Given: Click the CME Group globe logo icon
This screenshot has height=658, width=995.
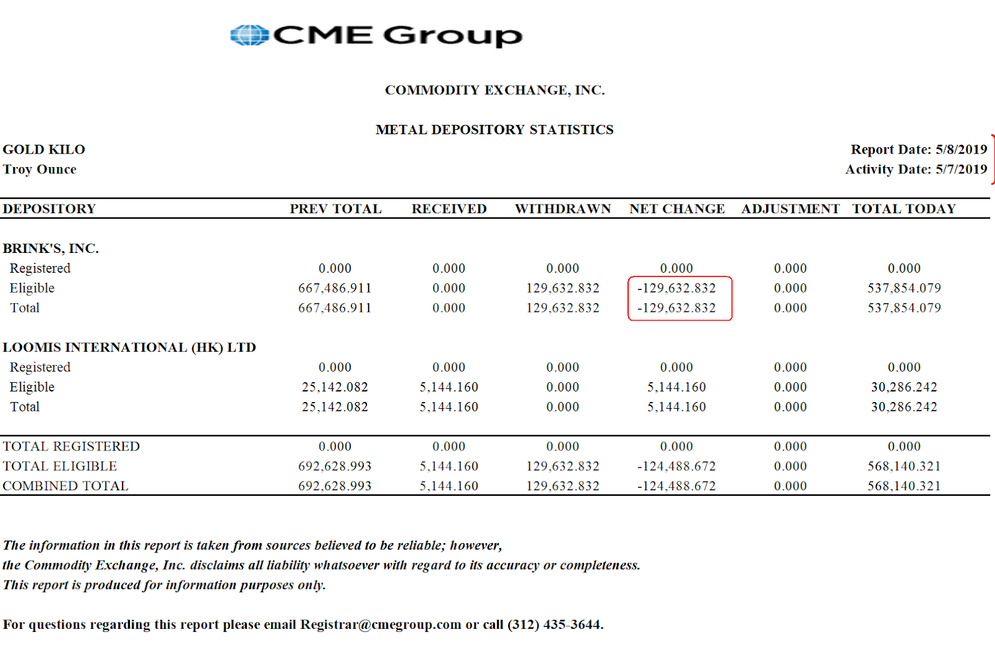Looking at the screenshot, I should [x=249, y=35].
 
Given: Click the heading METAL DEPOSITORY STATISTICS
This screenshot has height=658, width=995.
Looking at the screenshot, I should [x=494, y=130].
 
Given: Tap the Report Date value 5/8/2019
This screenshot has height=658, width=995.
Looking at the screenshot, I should [x=961, y=150].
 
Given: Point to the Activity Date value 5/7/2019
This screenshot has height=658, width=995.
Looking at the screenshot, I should [x=961, y=170].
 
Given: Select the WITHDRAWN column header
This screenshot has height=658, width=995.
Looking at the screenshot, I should [x=563, y=209].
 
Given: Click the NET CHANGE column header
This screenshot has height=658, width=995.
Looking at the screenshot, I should [x=677, y=209].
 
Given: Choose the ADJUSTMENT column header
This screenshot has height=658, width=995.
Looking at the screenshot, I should [x=790, y=209].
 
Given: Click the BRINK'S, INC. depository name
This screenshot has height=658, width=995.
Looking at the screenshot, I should [x=51, y=249].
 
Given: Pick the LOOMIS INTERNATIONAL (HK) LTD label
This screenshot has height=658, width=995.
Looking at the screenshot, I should [x=129, y=347].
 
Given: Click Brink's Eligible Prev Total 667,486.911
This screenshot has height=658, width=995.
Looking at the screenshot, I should [x=335, y=288].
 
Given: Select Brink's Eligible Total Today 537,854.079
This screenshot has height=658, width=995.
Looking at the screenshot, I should [x=904, y=288].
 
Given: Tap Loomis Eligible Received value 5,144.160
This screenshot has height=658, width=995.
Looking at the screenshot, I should [x=448, y=387].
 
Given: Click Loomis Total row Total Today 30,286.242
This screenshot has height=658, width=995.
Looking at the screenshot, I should [x=904, y=407].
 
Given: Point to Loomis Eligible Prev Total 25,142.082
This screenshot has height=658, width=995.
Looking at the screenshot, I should [x=335, y=387].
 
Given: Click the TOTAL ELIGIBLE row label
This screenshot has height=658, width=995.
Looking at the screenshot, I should [x=60, y=466].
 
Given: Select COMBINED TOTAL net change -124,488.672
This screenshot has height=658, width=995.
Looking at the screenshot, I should [x=677, y=486].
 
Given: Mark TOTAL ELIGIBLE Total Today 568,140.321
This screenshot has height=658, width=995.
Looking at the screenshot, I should [x=904, y=466].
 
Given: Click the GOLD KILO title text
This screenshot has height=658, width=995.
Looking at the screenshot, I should [x=44, y=150].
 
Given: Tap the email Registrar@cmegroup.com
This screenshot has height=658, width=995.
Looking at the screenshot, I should [x=381, y=624].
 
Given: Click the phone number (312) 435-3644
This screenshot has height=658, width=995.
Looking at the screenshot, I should [x=554, y=624].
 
